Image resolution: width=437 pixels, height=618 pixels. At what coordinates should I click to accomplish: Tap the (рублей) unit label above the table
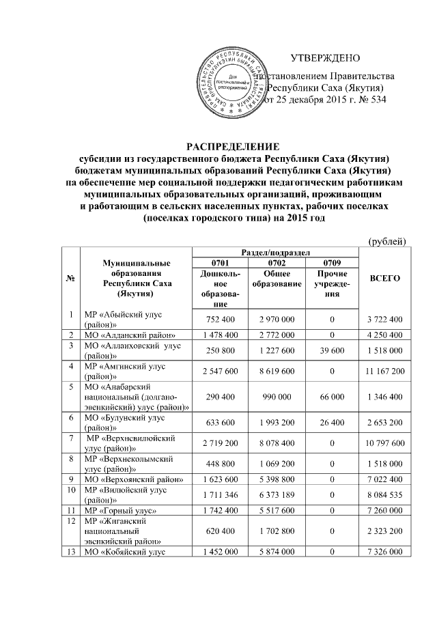click(x=387, y=240)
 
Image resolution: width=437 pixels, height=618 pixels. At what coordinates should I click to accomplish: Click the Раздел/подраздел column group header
click(x=277, y=252)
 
